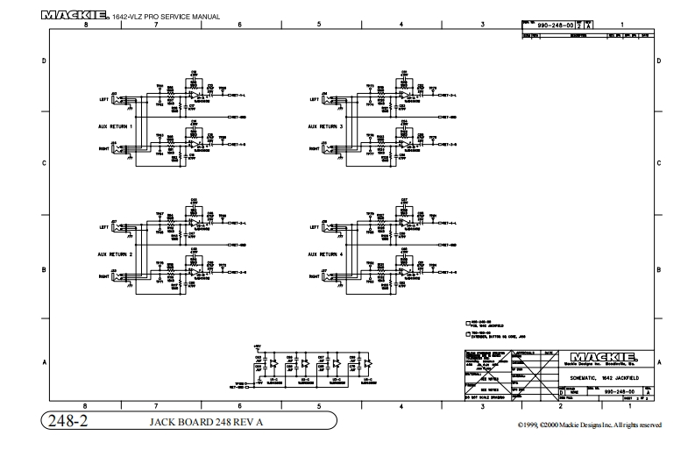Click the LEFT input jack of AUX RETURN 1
(x=129, y=100)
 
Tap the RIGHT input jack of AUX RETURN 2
(x=129, y=277)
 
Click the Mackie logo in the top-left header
(x=74, y=15)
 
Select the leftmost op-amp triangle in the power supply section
(x=273, y=362)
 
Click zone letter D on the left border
(x=45, y=62)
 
